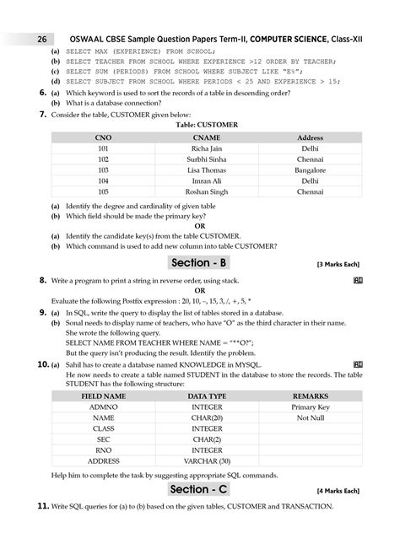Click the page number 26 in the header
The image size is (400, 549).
tap(41, 40)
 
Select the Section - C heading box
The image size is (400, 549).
tap(207, 489)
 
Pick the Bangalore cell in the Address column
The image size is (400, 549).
tap(310, 170)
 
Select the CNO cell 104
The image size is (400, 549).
tap(103, 180)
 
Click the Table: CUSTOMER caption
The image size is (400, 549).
tap(207, 125)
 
